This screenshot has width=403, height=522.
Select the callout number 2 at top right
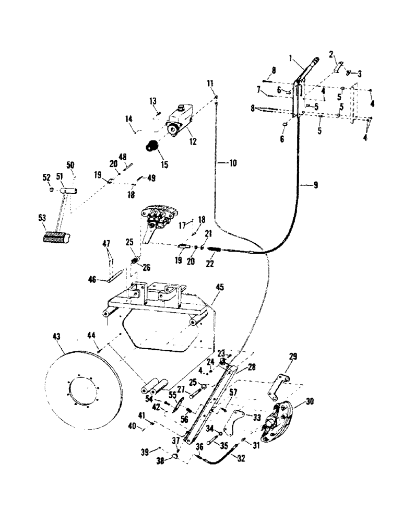click(331, 54)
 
